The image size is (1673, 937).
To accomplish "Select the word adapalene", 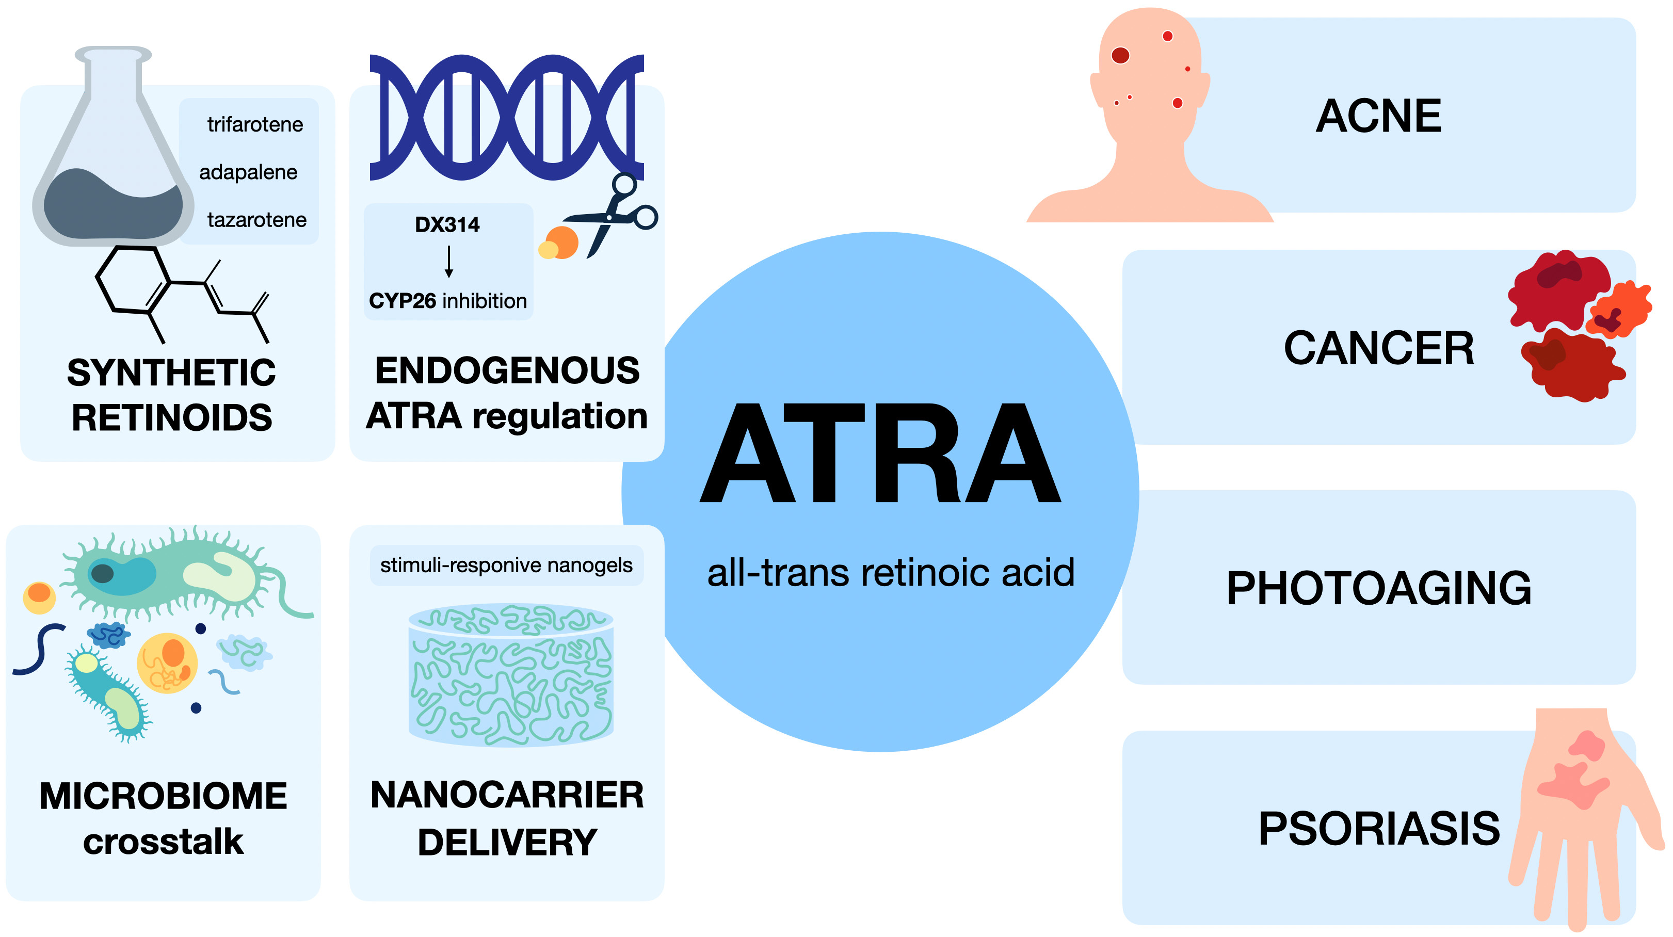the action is coord(248,172).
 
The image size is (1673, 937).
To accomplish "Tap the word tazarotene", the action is coord(256,220).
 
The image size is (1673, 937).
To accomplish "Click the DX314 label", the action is coord(447,224).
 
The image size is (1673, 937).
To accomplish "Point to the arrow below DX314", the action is coord(448,262).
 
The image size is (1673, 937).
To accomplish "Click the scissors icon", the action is coord(614,214).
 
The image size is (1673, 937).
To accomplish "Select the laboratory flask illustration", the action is coord(113,149).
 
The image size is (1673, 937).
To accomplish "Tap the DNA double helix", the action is coord(507,118).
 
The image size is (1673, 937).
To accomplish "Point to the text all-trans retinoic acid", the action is coord(890,573).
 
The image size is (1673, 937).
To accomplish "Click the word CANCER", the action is coord(1378,348).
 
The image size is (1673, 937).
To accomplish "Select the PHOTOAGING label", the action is coord(1378,588).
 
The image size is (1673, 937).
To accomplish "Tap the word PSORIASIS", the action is coord(1378,829).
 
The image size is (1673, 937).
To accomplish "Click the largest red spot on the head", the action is coord(1120,55).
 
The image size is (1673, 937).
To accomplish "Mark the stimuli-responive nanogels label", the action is coord(506,566).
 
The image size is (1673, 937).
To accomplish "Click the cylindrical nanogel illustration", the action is coord(510,675).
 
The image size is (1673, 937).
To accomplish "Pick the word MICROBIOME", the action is coord(163,796).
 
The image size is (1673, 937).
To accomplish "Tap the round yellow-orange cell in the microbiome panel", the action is coord(167,663).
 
